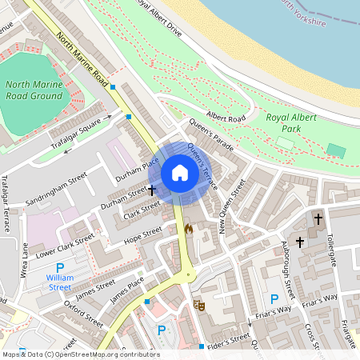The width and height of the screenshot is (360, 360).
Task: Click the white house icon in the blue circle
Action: (x=180, y=173)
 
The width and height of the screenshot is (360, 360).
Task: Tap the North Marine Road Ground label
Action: (x=33, y=94)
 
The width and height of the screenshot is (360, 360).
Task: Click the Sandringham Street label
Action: (x=54, y=190)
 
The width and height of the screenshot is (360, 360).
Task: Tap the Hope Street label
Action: (x=142, y=234)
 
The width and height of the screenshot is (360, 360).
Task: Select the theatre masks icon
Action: (x=198, y=304)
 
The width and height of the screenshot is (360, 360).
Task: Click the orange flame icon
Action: (x=189, y=229)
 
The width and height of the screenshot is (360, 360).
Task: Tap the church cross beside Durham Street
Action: (x=151, y=191)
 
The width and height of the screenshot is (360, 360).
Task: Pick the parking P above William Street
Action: (x=59, y=268)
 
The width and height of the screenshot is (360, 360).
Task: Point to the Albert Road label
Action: (x=225, y=118)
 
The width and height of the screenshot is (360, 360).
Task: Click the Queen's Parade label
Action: (x=211, y=136)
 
